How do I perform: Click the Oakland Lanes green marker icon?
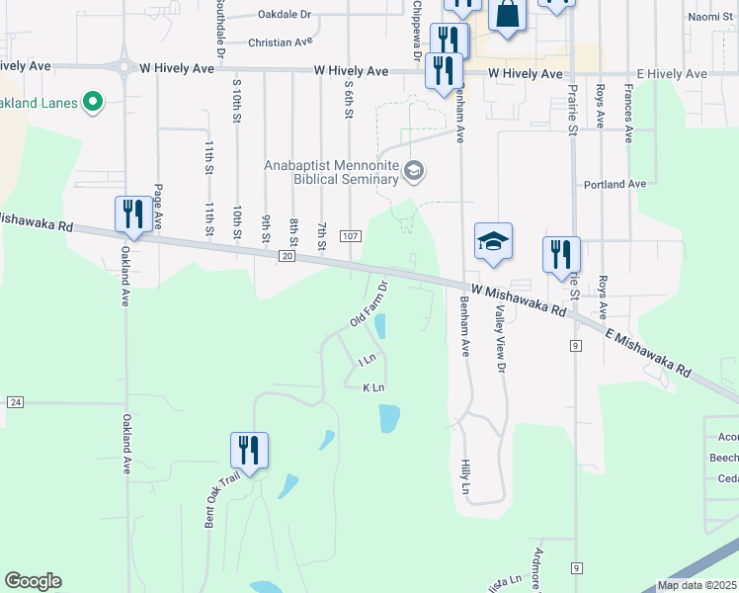pos(94,102)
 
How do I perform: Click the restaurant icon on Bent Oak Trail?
pos(250,450)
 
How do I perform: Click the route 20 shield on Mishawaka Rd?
pos(287,256)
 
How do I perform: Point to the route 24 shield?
pos(15,402)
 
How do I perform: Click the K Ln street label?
pos(373,387)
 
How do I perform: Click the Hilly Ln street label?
pos(465,476)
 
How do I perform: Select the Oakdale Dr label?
pos(284,15)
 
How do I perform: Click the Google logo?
pos(33,581)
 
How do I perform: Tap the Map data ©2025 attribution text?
pos(696,585)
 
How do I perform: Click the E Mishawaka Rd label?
pos(648,353)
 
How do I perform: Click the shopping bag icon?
pos(507,16)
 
